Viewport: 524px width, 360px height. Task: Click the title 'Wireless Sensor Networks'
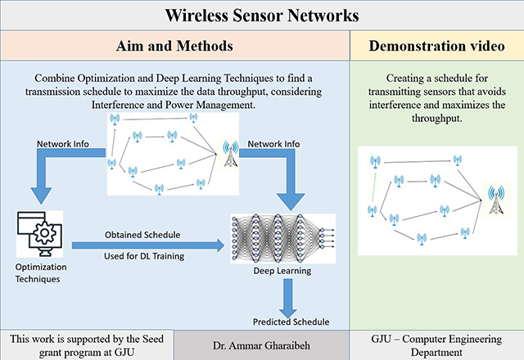click(x=261, y=15)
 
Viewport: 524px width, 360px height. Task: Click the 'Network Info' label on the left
click(x=63, y=144)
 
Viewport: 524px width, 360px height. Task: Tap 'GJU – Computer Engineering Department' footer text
click(x=436, y=345)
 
